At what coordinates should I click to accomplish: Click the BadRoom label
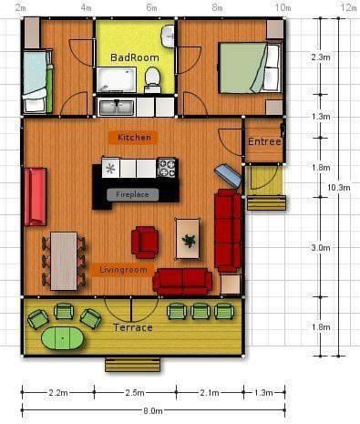(135, 57)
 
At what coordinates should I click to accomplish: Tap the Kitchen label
(134, 138)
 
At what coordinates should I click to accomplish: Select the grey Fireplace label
(132, 194)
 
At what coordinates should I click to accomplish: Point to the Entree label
(264, 141)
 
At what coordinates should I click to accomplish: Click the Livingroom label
(123, 270)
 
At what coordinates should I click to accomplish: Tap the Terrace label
(133, 327)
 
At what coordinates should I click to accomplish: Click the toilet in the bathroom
(152, 79)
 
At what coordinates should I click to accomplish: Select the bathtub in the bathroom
(117, 79)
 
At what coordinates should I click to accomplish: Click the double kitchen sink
(117, 108)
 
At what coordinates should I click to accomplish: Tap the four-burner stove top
(166, 168)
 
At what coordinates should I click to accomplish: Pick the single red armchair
(145, 243)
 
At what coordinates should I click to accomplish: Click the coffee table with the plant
(188, 239)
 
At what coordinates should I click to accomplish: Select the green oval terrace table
(63, 337)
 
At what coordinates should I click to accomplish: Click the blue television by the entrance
(228, 175)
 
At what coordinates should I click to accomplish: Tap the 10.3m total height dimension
(339, 188)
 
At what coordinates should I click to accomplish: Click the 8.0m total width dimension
(153, 411)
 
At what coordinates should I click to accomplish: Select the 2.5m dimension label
(135, 393)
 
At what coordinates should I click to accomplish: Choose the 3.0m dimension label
(321, 248)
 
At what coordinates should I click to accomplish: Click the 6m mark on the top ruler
(151, 7)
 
